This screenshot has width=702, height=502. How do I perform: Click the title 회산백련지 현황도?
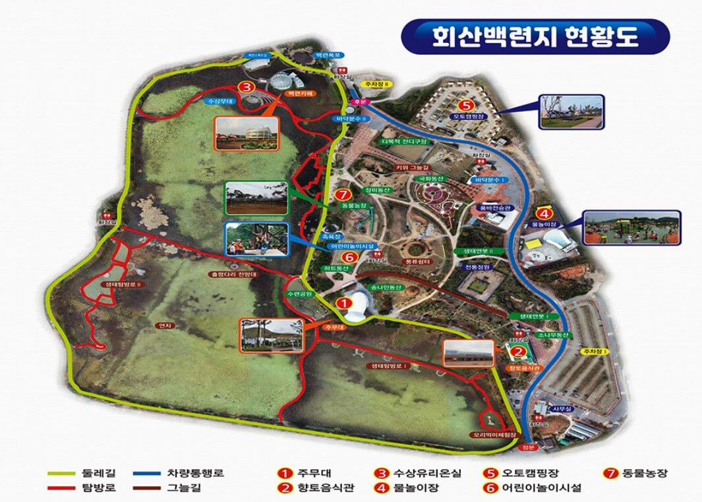[x=535, y=36]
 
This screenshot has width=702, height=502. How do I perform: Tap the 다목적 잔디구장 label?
[x=404, y=142]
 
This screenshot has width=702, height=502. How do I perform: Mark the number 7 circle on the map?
[x=340, y=195]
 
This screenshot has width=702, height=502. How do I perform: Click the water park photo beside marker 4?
[x=631, y=228]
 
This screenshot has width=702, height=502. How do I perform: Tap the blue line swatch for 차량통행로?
[x=150, y=472]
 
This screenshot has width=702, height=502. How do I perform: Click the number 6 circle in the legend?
[x=490, y=488]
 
